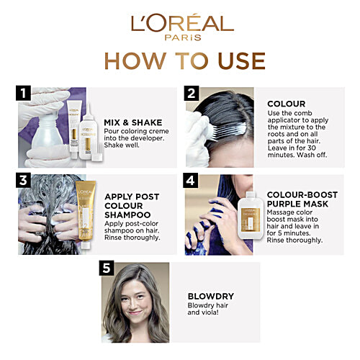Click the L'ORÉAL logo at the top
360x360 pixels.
(x=182, y=23)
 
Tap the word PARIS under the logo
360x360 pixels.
(x=183, y=37)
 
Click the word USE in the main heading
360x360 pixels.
(x=241, y=60)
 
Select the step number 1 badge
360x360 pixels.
(x=23, y=93)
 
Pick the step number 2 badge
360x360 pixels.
(x=192, y=93)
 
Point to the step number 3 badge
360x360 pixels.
(x=23, y=180)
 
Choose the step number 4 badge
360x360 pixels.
(x=191, y=180)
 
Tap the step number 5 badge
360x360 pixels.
(x=107, y=268)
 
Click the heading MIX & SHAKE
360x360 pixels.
(x=133, y=122)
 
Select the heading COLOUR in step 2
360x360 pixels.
(x=287, y=104)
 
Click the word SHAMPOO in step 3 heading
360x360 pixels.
(x=127, y=215)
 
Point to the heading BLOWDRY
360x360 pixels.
(x=211, y=297)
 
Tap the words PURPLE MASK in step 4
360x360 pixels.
(x=297, y=204)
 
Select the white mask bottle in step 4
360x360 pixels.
(x=250, y=215)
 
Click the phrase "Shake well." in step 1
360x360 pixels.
(x=122, y=145)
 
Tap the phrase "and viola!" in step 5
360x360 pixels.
(x=203, y=312)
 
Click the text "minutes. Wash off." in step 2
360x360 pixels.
(x=297, y=155)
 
